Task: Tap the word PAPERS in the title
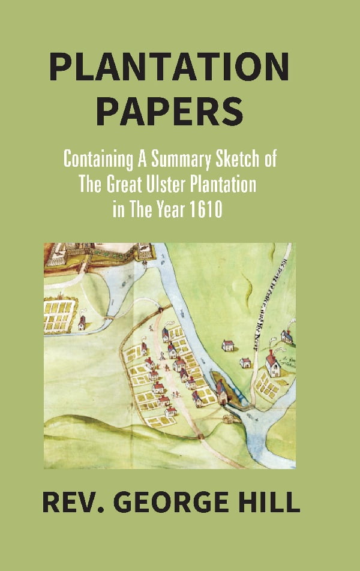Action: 170,112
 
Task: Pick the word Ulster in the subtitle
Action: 170,185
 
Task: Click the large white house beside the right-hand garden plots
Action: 273,363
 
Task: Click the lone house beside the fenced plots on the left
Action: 82,323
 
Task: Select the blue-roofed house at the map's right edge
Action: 287,336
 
